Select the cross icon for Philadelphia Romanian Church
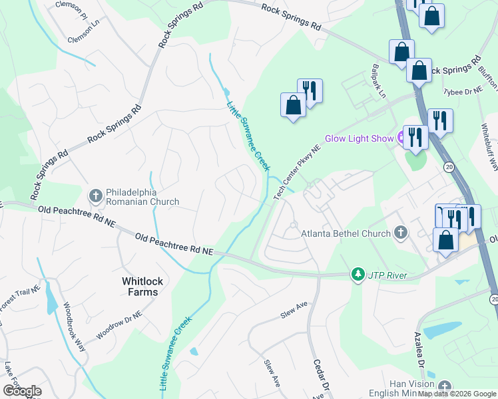click(95, 195)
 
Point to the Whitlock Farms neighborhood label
click(140, 287)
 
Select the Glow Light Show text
click(359, 139)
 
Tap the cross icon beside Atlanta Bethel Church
click(400, 233)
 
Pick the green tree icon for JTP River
click(358, 275)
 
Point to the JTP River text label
click(387, 275)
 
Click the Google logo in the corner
click(22, 391)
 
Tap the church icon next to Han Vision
click(444, 386)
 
